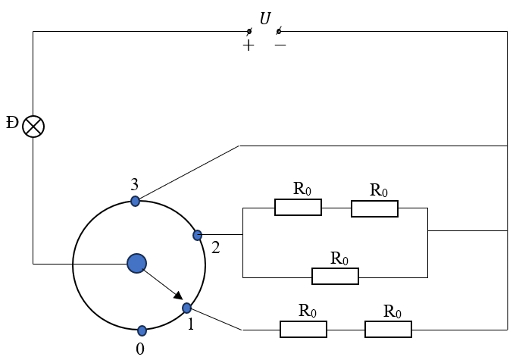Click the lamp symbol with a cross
tap(33, 126)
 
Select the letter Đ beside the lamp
tap(11, 123)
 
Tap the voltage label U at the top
tap(264, 18)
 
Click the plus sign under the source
tap(248, 45)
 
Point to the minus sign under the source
tap(280, 45)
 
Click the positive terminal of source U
tap(249, 31)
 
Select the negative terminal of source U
tap(278, 31)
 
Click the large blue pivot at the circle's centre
tap(136, 263)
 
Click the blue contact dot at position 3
tap(135, 201)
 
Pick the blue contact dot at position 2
tap(198, 236)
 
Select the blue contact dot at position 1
tap(187, 308)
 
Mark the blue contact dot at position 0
tap(142, 330)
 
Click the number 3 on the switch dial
tap(134, 184)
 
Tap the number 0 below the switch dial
tap(139, 349)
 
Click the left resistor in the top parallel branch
tap(298, 208)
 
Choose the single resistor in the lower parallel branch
tap(335, 276)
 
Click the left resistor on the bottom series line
tap(303, 329)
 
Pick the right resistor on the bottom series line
tap(388, 329)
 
